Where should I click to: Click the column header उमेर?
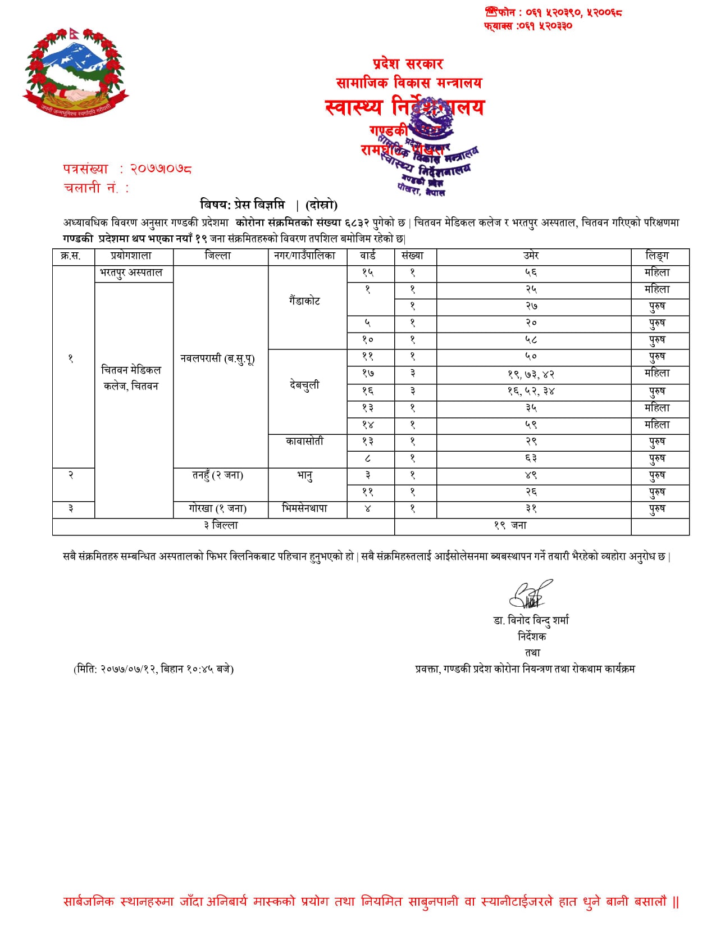tap(531, 256)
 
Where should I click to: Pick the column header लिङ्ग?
tap(657, 256)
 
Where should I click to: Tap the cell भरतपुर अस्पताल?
tap(131, 272)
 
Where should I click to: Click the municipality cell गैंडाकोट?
tap(304, 301)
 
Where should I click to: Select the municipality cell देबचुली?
tap(304, 385)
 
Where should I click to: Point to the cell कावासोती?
tap(304, 442)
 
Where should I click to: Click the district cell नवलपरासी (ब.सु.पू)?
tap(218, 358)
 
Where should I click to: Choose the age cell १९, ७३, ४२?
tap(531, 374)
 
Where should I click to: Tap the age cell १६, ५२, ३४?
tap(531, 391)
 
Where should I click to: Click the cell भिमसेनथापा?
tap(304, 508)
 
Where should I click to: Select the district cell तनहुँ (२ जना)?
tap(218, 475)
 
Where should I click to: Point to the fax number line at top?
tap(528, 26)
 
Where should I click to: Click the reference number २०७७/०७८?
tap(161, 169)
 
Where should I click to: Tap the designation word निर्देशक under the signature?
tap(531, 637)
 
